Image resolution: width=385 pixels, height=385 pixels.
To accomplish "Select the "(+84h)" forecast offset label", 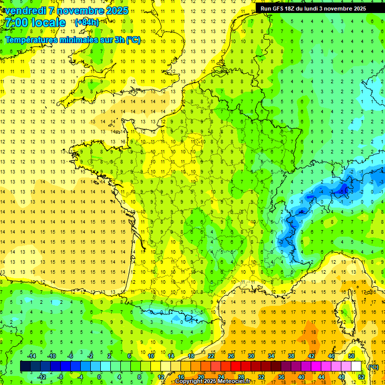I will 87,22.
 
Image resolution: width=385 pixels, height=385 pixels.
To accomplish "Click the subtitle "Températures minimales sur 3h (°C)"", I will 73,40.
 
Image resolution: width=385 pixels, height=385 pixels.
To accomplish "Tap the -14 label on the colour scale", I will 32,355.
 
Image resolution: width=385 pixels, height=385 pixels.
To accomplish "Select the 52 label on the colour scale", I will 361,376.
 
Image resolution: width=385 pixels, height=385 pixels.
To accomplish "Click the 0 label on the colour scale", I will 99,376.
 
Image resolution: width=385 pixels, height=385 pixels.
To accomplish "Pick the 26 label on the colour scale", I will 231,355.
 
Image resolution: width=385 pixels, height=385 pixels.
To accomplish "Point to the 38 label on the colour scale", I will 291,355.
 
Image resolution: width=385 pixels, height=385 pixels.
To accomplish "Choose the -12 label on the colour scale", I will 42,376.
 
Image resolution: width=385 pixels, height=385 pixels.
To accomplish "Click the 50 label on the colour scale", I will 351,355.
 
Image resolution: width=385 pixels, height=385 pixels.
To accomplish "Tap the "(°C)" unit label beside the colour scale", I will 373,366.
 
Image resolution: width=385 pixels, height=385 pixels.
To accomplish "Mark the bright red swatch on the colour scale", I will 236,366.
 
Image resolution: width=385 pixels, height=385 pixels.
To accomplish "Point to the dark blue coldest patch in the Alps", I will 343,189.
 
